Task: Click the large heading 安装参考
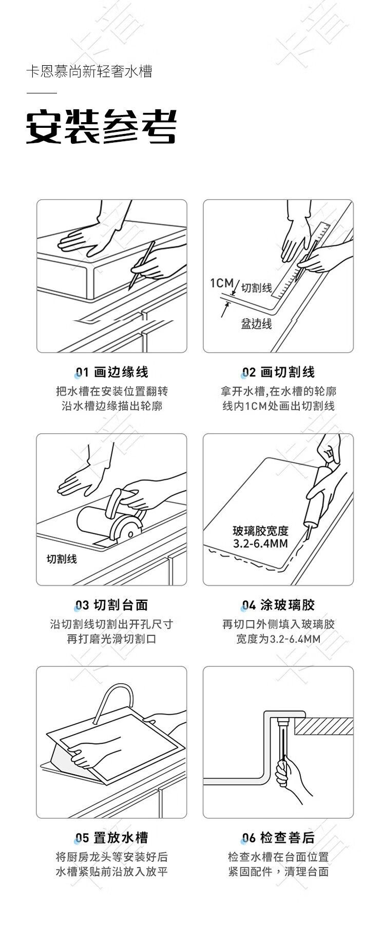point(102,127)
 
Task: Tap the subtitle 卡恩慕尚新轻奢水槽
point(89,71)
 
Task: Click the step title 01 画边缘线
point(112,372)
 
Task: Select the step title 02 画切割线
point(279,372)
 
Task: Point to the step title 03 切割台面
point(112,605)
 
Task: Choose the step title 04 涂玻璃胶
point(279,605)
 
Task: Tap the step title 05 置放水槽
point(112,838)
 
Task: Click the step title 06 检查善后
point(279,838)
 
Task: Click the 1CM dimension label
point(222,283)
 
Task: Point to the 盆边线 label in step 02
point(257,324)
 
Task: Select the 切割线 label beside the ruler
point(257,287)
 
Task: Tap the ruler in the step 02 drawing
point(302,260)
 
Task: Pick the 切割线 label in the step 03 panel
point(62,559)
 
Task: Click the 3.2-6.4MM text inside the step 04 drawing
point(260,543)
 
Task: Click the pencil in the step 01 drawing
point(142,264)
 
